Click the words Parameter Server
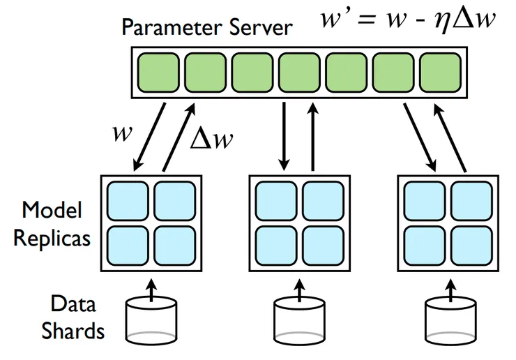click(x=207, y=29)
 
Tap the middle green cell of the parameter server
click(x=298, y=71)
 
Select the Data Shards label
click(x=73, y=317)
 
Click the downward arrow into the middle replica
click(x=284, y=136)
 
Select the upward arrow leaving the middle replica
click(x=312, y=136)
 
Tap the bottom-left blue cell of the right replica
click(x=424, y=245)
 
